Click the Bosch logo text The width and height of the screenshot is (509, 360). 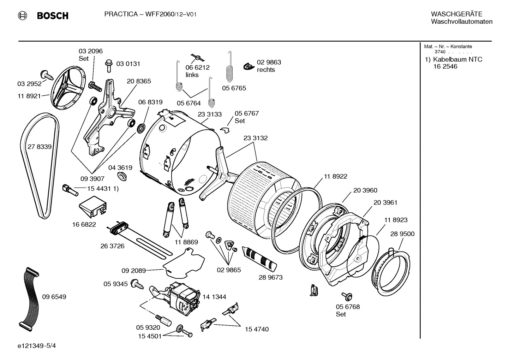52,16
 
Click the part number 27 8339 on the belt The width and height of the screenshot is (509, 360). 40,147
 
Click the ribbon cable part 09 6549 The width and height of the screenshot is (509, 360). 28,297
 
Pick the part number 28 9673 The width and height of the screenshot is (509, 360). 270,277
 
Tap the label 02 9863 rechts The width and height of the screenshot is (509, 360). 269,66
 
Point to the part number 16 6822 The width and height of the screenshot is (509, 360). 84,224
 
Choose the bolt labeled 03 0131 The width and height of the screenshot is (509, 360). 109,65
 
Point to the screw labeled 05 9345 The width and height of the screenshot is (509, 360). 136,284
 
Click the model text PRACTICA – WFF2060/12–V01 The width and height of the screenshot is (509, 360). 150,14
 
